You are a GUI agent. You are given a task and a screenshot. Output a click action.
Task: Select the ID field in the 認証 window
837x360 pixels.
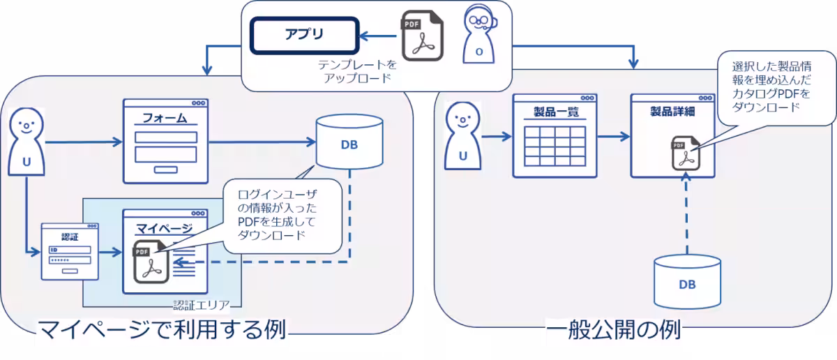(x=69, y=249)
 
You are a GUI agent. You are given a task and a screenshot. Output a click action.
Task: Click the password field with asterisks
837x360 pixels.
(x=69, y=260)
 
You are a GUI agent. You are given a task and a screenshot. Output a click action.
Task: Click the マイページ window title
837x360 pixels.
(x=164, y=227)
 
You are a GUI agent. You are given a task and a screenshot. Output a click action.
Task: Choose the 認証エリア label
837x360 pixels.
(x=207, y=305)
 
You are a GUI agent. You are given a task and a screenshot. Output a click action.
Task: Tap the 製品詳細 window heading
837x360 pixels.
(x=673, y=112)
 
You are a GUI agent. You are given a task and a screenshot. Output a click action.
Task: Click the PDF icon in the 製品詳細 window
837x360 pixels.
(x=684, y=153)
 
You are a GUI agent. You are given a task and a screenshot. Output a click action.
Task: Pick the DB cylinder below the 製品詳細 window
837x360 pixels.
(x=687, y=280)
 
